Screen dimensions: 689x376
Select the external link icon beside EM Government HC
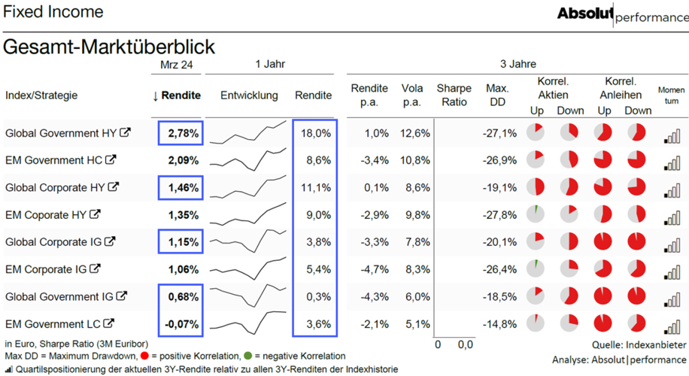[111, 160]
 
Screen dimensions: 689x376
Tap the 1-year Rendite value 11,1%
[315, 187]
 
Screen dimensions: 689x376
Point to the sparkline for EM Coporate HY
[248, 214]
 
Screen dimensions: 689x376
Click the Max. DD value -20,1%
[499, 242]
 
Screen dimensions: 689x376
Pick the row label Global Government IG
[59, 297]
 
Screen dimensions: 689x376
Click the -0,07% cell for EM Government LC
[181, 324]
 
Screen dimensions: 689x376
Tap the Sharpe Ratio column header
[454, 95]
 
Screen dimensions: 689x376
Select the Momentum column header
[671, 96]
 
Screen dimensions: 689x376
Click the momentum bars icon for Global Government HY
[672, 136]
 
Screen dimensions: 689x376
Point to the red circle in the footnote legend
[144, 356]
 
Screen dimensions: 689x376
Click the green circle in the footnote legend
[247, 356]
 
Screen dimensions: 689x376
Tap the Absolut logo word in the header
[585, 14]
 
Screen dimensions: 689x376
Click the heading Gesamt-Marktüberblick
[109, 47]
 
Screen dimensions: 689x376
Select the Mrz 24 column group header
[176, 65]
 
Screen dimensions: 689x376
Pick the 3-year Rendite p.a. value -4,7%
[375, 269]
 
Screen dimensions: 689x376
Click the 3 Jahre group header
[518, 64]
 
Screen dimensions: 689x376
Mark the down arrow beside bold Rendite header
[155, 96]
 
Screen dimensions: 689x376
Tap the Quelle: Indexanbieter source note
[639, 345]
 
